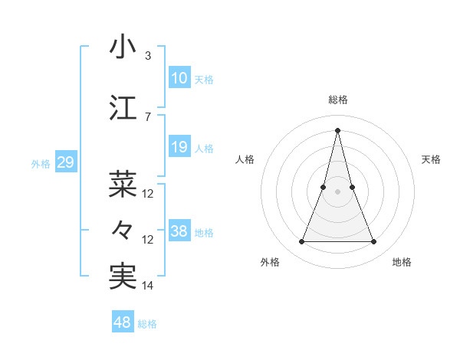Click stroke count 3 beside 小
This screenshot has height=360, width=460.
[147, 56]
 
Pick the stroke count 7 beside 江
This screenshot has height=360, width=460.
[147, 116]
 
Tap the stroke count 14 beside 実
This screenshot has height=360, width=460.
[148, 285]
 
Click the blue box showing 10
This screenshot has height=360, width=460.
[179, 78]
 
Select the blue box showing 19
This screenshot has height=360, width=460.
[179, 148]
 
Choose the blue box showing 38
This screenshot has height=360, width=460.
[179, 232]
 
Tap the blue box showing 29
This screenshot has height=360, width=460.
[65, 162]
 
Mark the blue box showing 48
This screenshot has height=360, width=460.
[123, 322]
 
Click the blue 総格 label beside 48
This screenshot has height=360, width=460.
[147, 324]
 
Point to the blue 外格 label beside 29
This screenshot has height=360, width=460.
[41, 164]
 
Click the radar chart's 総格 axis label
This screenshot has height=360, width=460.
[337, 100]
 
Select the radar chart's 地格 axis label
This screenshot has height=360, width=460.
[402, 262]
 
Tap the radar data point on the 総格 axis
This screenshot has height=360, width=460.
[337, 129]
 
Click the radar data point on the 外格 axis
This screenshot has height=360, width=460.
[301, 242]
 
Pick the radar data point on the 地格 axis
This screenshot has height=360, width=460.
[374, 242]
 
